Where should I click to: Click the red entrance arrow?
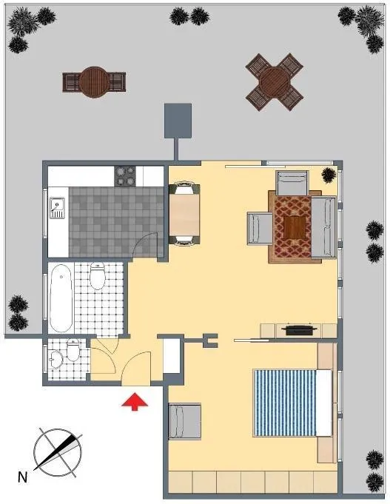click(135, 401)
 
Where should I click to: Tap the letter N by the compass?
click(22, 477)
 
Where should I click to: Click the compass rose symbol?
click(58, 452)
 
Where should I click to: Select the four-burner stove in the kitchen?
click(125, 176)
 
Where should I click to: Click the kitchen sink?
click(57, 208)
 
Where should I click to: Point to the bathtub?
click(61, 298)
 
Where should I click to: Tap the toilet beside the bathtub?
click(97, 276)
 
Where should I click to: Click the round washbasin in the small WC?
click(56, 360)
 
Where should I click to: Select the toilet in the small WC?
click(73, 350)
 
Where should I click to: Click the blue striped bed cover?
click(285, 403)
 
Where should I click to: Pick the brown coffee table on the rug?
click(295, 227)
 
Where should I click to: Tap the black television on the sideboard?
click(299, 330)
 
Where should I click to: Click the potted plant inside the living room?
click(329, 175)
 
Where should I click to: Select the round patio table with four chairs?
click(275, 82)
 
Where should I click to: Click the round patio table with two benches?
click(94, 82)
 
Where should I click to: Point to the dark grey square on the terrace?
click(178, 121)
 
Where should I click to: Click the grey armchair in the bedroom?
click(185, 421)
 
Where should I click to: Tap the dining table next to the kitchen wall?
click(184, 215)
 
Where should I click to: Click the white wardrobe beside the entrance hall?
click(172, 355)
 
